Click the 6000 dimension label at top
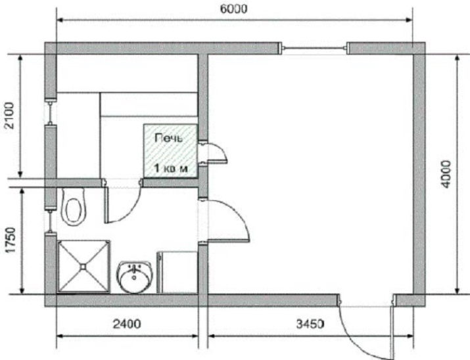coord(233,9)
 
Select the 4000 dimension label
coord(446,174)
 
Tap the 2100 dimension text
coord(9,116)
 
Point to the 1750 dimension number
coord(11,240)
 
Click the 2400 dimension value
coord(127,324)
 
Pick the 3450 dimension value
coord(310,324)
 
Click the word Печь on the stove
coord(168,138)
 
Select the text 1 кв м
coord(171,168)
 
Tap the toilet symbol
coord(74,207)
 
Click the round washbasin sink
coord(135,277)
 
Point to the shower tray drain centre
coord(83,266)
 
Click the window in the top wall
coord(314,48)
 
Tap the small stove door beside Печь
coord(214,153)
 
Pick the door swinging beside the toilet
coord(122,201)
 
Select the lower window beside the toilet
coord(51,221)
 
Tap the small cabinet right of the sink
coord(177,272)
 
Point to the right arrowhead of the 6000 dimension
coord(410,20)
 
